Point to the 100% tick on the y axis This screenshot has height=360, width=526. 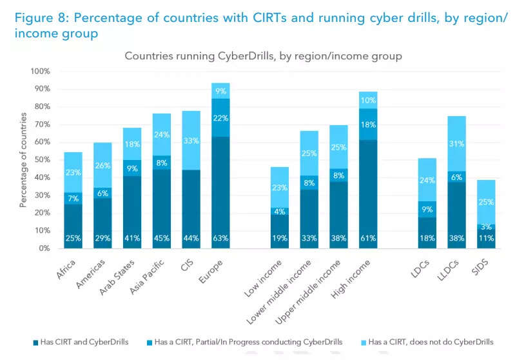(41, 71)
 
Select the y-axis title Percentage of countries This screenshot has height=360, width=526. (23, 159)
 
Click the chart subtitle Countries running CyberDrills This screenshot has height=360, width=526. (263, 56)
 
